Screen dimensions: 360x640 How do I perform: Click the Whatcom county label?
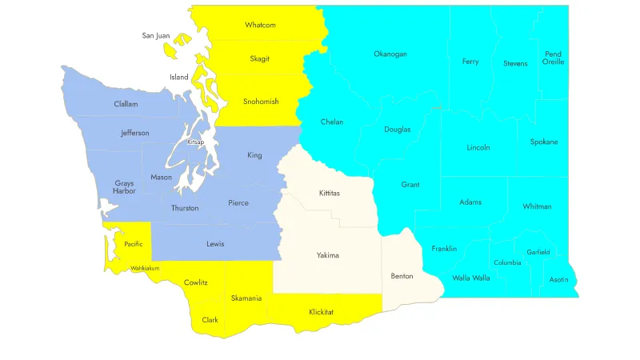[260, 25]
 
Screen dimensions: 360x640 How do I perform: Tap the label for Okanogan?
[390, 54]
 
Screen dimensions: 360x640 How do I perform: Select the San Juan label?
[157, 35]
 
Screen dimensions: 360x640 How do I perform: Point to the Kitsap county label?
[196, 142]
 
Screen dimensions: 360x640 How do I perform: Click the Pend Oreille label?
[553, 58]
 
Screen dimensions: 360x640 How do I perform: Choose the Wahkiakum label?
[145, 268]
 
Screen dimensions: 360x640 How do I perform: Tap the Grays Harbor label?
[124, 187]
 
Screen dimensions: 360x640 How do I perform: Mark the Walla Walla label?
[471, 278]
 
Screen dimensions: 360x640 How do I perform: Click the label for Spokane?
[544, 142]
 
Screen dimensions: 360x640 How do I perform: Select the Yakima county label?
[327, 255]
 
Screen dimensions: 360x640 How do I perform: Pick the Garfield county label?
[538, 252]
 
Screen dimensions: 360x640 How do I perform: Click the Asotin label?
[559, 280]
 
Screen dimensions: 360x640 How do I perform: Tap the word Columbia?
[507, 262]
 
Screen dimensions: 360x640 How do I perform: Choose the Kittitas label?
[329, 193]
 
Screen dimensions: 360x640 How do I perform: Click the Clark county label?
[210, 320]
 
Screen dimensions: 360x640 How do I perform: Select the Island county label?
[178, 78]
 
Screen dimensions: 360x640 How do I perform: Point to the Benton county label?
[402, 276]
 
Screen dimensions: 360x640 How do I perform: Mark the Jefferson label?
[135, 133]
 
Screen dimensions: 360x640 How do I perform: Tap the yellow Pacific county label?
[134, 244]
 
